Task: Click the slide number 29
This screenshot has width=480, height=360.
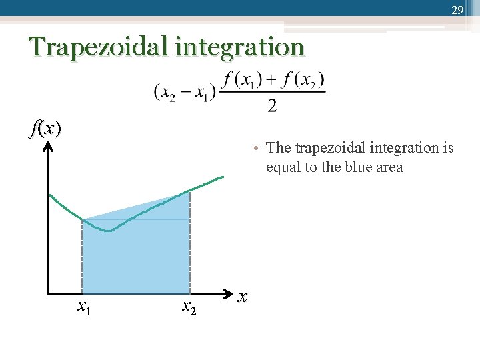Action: [x=457, y=9]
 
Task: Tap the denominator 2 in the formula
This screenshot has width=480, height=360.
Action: [x=272, y=104]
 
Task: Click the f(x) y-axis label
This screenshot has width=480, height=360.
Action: [x=45, y=127]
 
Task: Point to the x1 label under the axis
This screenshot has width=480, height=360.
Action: [x=84, y=307]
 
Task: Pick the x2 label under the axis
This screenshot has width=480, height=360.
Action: [x=189, y=307]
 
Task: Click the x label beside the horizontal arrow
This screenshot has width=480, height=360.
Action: [x=243, y=295]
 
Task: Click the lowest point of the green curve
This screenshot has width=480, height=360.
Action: [x=109, y=231]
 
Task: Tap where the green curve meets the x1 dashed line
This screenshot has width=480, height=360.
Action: [x=82, y=219]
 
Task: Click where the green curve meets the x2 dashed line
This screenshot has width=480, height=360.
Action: [x=189, y=191]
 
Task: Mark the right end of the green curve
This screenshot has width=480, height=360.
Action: [x=223, y=177]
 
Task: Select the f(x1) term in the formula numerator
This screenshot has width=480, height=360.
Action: [x=243, y=80]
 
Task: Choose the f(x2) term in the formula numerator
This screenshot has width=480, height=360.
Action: [x=302, y=80]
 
